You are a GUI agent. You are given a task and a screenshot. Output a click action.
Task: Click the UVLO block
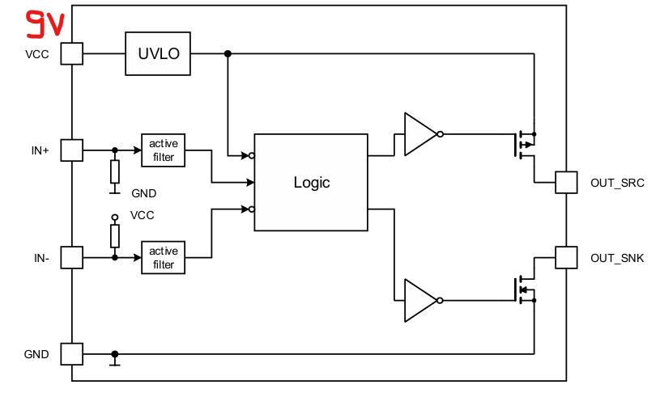tap(158, 53)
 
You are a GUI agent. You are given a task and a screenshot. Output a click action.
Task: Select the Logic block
tap(312, 182)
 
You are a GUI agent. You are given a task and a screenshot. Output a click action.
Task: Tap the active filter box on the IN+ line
tap(163, 150)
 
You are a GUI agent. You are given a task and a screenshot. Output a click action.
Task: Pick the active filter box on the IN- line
tap(163, 258)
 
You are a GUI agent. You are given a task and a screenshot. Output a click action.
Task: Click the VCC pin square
tap(72, 53)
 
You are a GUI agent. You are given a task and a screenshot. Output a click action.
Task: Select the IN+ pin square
tap(72, 150)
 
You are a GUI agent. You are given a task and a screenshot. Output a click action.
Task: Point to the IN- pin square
tap(72, 258)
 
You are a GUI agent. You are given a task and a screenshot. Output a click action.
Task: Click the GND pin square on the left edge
tap(72, 354)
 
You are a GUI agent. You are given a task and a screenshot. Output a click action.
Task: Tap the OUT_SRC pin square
tap(565, 182)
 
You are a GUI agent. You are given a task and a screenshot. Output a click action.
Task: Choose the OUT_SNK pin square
tap(565, 258)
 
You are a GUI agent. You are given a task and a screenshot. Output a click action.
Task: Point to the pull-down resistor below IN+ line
tap(115, 171)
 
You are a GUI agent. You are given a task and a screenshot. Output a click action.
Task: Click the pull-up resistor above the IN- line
tap(115, 236)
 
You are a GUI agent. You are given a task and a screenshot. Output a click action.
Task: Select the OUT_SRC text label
tap(617, 183)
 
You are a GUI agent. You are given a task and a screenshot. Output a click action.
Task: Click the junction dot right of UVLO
tap(228, 53)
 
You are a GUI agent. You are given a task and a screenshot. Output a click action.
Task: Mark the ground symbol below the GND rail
tap(115, 362)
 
